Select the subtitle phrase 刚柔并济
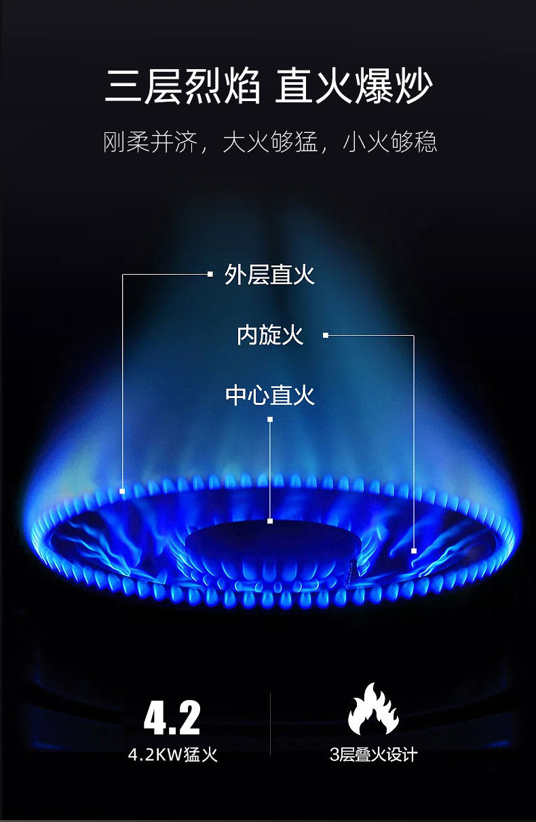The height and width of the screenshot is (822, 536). coord(150,142)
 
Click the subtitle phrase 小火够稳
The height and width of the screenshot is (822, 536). coord(390,142)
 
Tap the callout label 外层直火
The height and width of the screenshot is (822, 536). coord(269,275)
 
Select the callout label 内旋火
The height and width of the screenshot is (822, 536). coord(270,334)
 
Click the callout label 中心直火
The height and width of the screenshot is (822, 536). coord(269,395)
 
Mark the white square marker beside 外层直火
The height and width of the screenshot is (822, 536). coord(210,274)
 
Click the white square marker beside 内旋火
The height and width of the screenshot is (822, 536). coord(326,335)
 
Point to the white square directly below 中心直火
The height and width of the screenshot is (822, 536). coord(270,420)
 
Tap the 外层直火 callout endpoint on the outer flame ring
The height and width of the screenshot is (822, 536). coord(122,490)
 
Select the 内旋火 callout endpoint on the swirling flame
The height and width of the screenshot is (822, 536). coord(414,551)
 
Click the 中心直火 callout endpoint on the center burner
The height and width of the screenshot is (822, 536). coord(270,521)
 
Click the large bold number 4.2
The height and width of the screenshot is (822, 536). coord(172,718)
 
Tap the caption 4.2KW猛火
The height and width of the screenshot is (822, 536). coord(173,754)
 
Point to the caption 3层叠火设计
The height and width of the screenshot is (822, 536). coord(373,754)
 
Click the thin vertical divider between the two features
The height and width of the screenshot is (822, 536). coord(271,724)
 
